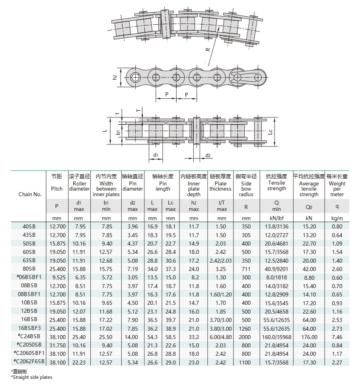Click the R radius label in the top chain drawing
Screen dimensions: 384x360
coord(208,49)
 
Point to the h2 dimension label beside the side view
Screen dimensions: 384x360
coord(115,77)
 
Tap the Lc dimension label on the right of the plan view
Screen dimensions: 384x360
coord(270,132)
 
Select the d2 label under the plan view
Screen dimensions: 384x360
coord(208,155)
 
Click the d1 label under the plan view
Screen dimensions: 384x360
coord(156,155)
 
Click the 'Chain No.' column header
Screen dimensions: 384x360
coord(30,195)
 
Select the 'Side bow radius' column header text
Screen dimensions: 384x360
coord(246,189)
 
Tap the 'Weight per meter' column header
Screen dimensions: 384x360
coord(337,189)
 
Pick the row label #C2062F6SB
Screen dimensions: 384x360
coord(30,362)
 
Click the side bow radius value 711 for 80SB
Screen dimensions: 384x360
coord(246,269)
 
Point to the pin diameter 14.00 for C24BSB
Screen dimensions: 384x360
coord(132,337)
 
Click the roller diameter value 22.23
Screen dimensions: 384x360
coord(79,362)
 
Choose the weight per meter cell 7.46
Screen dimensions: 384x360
coord(337,337)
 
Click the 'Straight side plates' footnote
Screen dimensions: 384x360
coord(32,377)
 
